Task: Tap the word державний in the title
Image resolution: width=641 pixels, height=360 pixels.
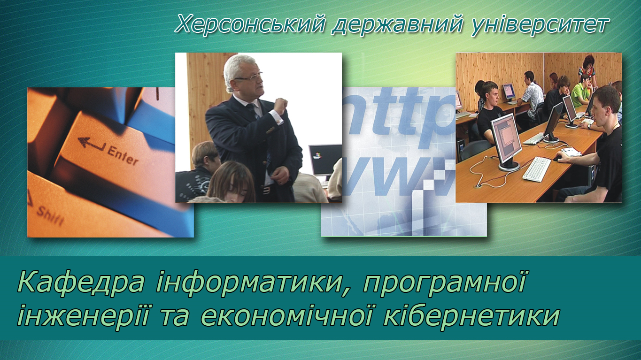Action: [x=397, y=25]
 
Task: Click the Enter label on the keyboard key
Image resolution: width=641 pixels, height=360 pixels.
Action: [x=123, y=155]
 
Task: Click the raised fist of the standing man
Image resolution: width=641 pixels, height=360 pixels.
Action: [x=280, y=106]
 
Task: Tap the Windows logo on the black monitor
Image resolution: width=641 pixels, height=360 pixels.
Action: [x=317, y=156]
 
